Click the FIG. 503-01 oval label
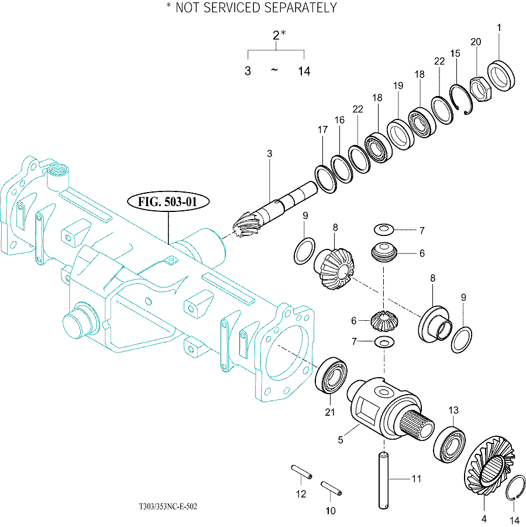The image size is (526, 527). tap(169, 201)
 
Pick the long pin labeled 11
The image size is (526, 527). tap(384, 481)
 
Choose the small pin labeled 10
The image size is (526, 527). tap(331, 488)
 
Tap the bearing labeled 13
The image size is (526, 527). tap(449, 444)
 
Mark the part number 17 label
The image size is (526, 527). tap(323, 130)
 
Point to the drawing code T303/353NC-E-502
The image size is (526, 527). tap(169, 506)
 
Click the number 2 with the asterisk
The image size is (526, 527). tap(279, 35)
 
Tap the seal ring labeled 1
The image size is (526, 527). tap(501, 76)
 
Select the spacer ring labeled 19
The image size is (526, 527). tap(400, 134)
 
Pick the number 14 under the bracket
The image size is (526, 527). tap(304, 71)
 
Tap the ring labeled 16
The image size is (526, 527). tap(342, 169)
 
